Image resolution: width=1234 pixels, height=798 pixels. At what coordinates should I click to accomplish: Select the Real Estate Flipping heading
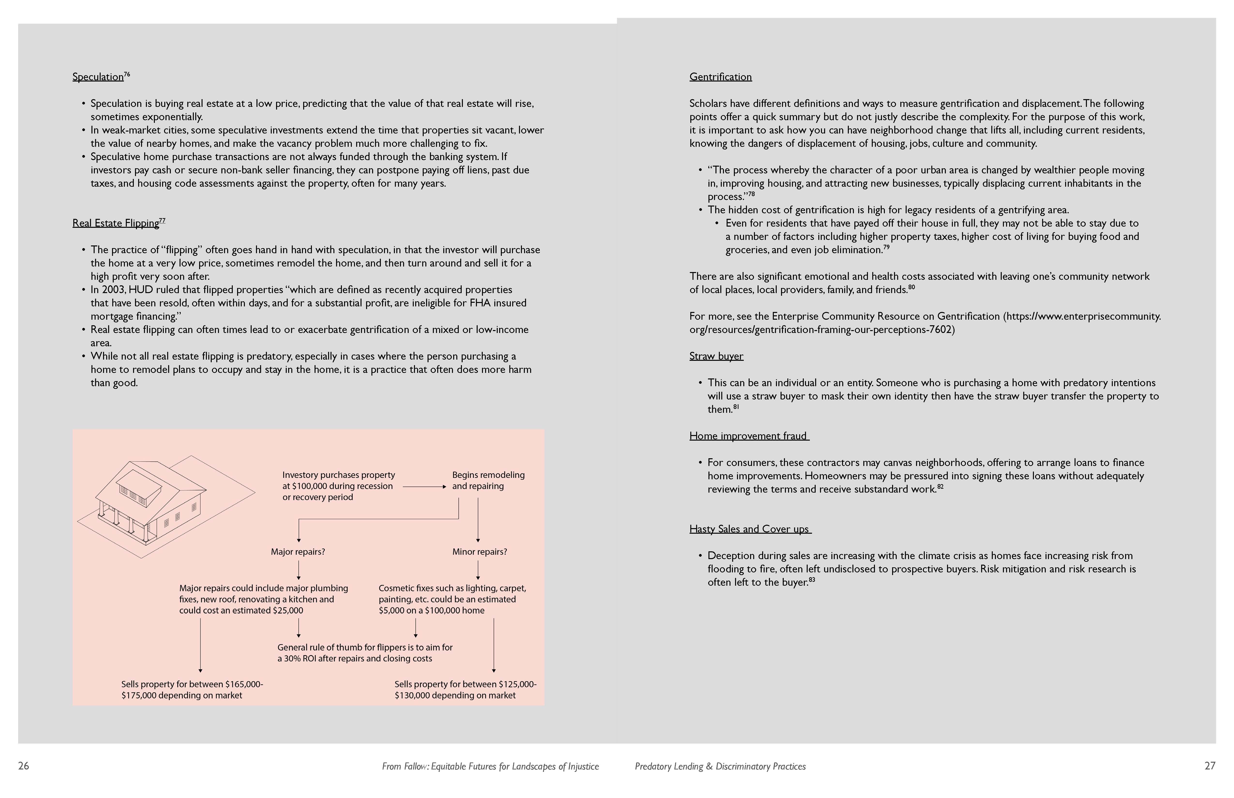(x=116, y=223)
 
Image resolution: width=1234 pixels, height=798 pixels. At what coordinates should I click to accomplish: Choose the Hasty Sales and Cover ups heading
(x=749, y=529)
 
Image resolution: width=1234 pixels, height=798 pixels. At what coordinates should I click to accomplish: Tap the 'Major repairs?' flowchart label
(x=298, y=552)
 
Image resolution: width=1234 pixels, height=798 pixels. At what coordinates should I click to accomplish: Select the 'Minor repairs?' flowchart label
(x=479, y=552)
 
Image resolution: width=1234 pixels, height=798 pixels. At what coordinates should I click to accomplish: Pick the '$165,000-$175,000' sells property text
(x=192, y=690)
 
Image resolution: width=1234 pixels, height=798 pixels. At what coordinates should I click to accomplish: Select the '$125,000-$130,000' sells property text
(x=465, y=690)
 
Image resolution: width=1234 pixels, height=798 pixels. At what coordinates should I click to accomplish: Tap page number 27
(x=1210, y=766)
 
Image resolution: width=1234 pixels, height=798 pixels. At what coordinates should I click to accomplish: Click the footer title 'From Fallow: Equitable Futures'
(x=490, y=766)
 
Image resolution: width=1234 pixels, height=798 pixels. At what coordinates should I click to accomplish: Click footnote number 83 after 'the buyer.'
(x=812, y=580)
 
